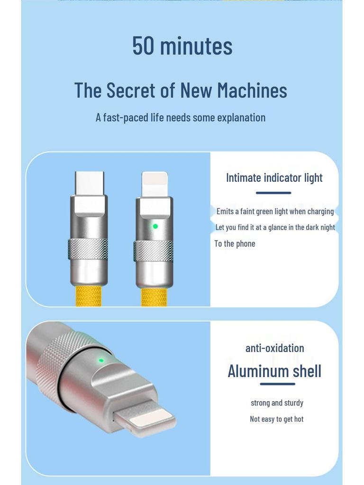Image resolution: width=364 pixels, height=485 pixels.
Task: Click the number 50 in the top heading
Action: coord(143,45)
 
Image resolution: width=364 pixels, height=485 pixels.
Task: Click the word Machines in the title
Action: coord(252,90)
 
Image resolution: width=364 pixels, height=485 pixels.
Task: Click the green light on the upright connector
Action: coord(155,226)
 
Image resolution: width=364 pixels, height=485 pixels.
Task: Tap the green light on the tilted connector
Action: coord(101,360)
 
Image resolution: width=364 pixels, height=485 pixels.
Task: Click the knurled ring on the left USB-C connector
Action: coord(88,249)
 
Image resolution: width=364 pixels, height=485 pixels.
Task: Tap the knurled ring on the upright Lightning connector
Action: coord(153,251)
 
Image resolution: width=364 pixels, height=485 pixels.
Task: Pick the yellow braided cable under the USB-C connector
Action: coord(88,296)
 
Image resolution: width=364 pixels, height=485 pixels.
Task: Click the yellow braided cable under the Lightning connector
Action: coord(154,297)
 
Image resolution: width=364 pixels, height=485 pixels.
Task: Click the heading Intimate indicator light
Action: coord(274,178)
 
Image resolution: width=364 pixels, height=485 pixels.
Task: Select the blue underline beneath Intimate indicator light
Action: coord(273,193)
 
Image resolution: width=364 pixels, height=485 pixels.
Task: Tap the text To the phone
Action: coord(235,244)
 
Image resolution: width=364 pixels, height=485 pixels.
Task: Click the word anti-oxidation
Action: coord(274,348)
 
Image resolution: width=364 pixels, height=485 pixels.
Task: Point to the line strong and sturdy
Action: coord(277,403)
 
